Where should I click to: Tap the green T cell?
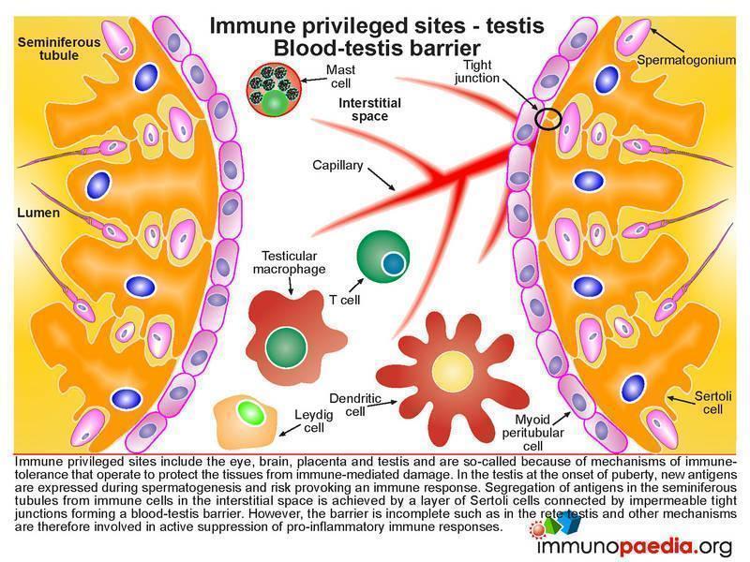tap(382, 257)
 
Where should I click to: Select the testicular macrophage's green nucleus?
tap(286, 348)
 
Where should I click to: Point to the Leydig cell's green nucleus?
tap(250, 412)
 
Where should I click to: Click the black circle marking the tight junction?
tap(547, 118)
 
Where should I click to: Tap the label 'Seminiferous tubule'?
tap(59, 49)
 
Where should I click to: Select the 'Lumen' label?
tap(38, 213)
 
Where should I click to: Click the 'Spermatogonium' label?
tap(686, 60)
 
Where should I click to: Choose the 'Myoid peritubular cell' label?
tap(532, 433)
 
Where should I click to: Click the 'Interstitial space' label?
tap(369, 110)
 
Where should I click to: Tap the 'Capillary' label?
tap(337, 166)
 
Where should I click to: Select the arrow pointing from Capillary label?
tap(382, 179)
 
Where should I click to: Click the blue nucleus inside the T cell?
tap(394, 263)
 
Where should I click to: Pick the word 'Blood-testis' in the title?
tap(340, 49)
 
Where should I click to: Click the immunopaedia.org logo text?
tap(635, 546)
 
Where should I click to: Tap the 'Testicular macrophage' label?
tap(289, 262)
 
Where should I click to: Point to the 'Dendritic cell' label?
tap(355, 405)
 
